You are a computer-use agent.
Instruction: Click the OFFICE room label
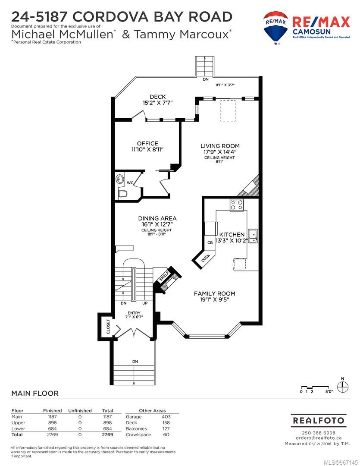147,143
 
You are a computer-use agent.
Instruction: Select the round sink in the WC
120,179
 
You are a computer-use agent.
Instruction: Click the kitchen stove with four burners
237,205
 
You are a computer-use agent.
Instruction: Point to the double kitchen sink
253,236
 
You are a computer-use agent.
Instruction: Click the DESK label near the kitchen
206,257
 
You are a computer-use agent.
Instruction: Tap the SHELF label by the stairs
164,276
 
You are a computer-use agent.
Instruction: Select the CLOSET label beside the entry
108,326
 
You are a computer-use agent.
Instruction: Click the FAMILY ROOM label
214,293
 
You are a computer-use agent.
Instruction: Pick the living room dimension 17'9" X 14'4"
220,151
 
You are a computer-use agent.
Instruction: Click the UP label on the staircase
145,303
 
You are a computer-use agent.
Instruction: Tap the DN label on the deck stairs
206,79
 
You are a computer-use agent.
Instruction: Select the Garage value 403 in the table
166,417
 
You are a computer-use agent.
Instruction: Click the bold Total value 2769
107,435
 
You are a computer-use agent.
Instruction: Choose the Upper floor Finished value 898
52,422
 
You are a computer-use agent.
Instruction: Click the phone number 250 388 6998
319,433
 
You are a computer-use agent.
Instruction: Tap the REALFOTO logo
319,421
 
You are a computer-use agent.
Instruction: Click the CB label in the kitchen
210,242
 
